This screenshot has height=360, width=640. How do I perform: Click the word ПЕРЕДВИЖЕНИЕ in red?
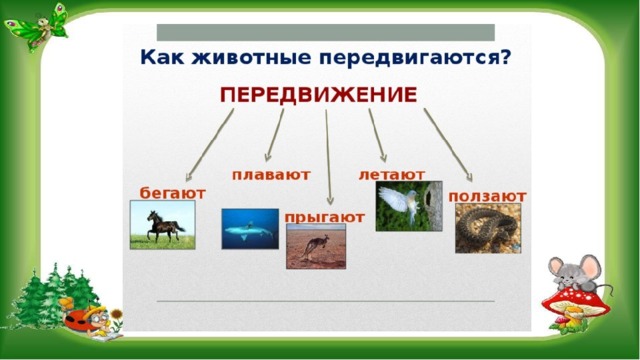pyautogui.click(x=318, y=95)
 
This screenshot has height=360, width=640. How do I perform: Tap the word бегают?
pyautogui.click(x=173, y=193)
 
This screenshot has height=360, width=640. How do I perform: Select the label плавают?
pyautogui.click(x=271, y=175)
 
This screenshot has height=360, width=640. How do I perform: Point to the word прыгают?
pyautogui.click(x=324, y=217)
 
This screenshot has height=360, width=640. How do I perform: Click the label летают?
pyautogui.click(x=392, y=175)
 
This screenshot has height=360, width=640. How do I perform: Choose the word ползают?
pyautogui.click(x=487, y=196)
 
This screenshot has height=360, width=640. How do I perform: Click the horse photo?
pyautogui.click(x=162, y=225)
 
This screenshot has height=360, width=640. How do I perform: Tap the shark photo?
pyautogui.click(x=250, y=229)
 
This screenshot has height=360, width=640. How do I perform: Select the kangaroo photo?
pyautogui.click(x=316, y=246)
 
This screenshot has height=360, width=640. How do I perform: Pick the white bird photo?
pyautogui.click(x=409, y=206)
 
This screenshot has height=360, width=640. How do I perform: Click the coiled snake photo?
pyautogui.click(x=488, y=228)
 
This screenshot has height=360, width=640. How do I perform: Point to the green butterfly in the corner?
pyautogui.click(x=38, y=27)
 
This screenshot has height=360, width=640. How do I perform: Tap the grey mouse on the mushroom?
pyautogui.click(x=576, y=273)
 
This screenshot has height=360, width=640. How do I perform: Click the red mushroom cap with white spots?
pyautogui.click(x=576, y=300)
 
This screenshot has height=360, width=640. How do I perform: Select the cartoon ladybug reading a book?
pyautogui.click(x=93, y=321)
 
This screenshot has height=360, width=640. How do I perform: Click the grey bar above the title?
pyautogui.click(x=326, y=32)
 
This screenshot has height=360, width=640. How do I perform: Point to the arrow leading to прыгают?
pyautogui.click(x=328, y=157)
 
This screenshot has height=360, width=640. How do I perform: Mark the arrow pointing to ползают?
pyautogui.click(x=448, y=145)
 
